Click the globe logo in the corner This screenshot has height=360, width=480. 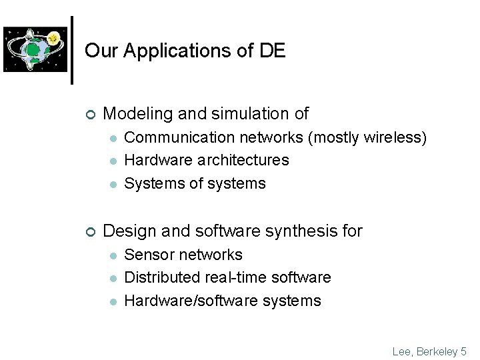pyautogui.click(x=35, y=49)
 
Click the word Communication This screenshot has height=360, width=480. pyautogui.click(x=173, y=137)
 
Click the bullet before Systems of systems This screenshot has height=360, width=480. pyautogui.click(x=114, y=184)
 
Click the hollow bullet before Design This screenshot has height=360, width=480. pyautogui.click(x=90, y=231)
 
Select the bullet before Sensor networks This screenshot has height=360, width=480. pyautogui.click(x=114, y=255)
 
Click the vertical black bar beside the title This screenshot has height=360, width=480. pyautogui.click(x=72, y=50)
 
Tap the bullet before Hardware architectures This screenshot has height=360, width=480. pyautogui.click(x=114, y=161)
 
